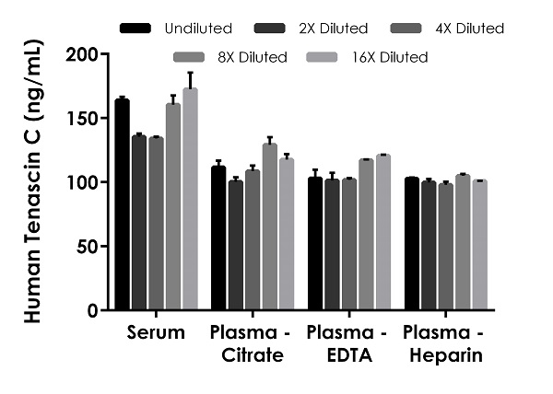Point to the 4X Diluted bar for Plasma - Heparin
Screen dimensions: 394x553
coord(445,247)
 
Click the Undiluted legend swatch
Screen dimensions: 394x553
coord(136,29)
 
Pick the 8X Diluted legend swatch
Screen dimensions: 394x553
coord(190,57)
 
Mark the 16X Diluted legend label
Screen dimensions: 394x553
coord(388,57)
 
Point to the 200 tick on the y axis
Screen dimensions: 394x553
coord(104,54)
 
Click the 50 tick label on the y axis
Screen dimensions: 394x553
coord(86,247)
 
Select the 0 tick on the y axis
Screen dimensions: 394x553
coord(104,310)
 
